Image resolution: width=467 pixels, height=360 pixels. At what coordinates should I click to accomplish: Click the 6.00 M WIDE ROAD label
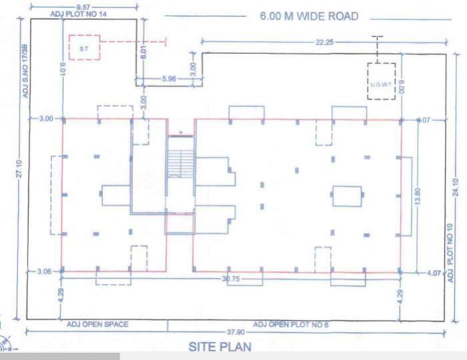309,16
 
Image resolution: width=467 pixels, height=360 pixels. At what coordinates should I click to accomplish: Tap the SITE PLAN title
220,347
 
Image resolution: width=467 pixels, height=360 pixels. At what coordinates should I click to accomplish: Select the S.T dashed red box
83,47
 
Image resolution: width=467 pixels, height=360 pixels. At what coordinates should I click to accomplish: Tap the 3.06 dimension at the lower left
44,272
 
